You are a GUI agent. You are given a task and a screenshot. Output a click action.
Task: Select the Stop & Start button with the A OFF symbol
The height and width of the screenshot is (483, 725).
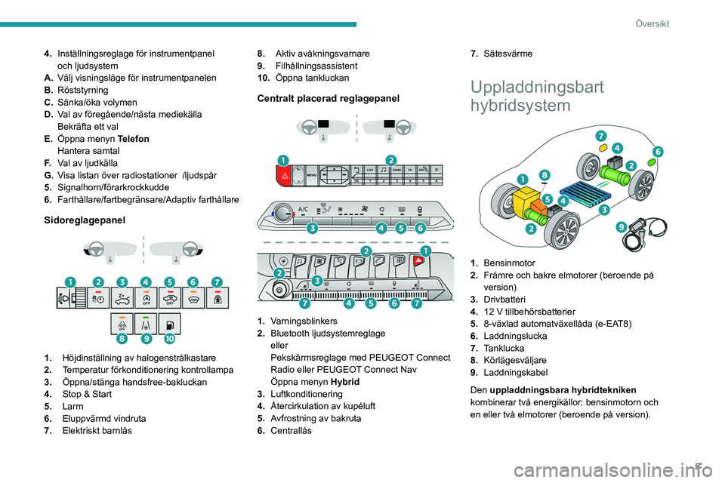(x=146, y=297)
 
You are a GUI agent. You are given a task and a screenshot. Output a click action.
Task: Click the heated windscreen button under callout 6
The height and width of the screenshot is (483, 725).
(x=193, y=297)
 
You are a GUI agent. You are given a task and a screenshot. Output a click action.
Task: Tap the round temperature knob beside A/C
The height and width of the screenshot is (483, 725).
(x=283, y=213)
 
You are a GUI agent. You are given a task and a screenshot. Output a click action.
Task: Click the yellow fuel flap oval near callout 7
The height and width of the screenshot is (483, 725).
(x=602, y=148)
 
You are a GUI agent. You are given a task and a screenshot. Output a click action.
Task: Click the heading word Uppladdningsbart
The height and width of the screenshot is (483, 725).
(x=536, y=87)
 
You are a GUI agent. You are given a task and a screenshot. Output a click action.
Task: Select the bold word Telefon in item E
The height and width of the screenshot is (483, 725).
(x=134, y=139)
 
